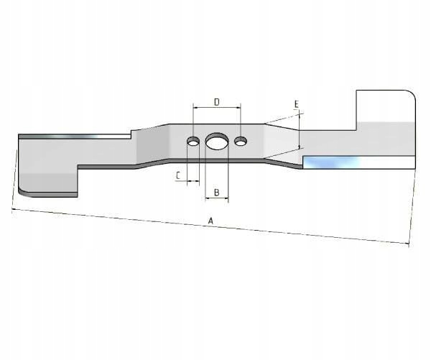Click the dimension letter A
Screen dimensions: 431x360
(210, 221)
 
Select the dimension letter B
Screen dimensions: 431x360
(217, 193)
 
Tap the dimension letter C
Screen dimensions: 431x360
(178, 175)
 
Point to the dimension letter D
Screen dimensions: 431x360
(217, 102)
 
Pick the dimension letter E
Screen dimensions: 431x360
(296, 104)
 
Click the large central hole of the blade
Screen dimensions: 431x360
(217, 142)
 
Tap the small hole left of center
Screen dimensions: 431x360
(193, 142)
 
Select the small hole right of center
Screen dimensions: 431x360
(241, 142)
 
